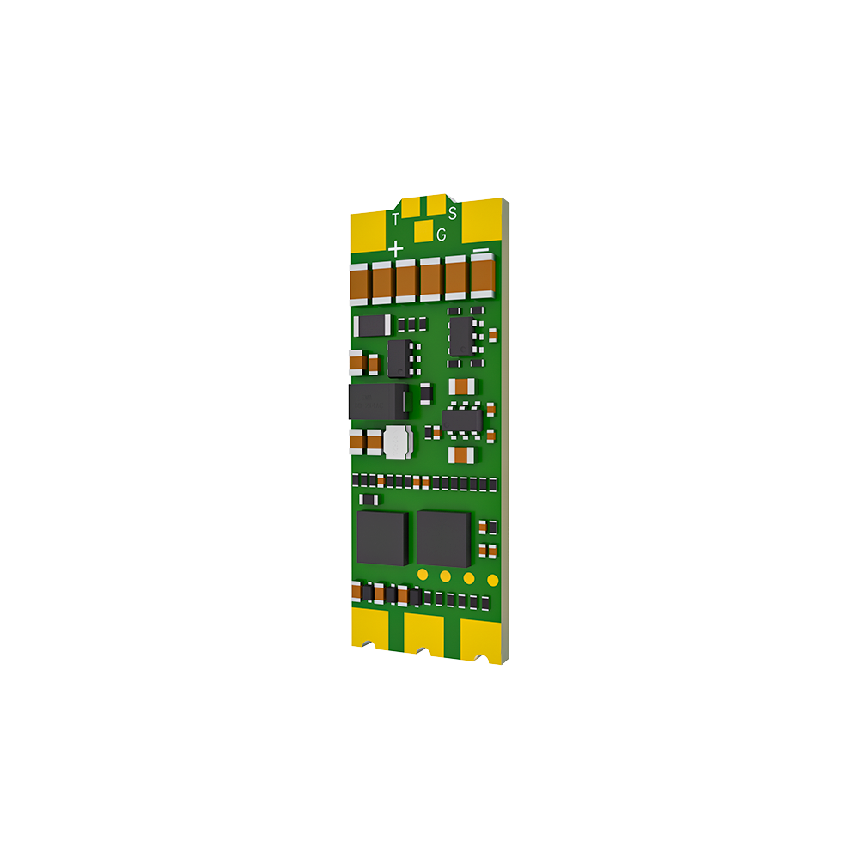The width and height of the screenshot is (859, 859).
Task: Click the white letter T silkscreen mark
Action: click(395, 219)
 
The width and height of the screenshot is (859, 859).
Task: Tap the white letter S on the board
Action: click(452, 213)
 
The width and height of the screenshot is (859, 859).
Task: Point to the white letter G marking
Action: click(442, 235)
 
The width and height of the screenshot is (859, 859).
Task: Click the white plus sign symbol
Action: click(395, 249)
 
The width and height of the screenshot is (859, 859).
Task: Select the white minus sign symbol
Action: click(481, 250)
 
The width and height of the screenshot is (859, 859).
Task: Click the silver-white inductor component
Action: click(397, 441)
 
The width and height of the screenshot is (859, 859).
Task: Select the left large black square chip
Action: click(382, 538)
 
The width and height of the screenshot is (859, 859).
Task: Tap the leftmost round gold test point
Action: click(423, 574)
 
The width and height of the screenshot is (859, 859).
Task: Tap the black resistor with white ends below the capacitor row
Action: click(373, 326)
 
